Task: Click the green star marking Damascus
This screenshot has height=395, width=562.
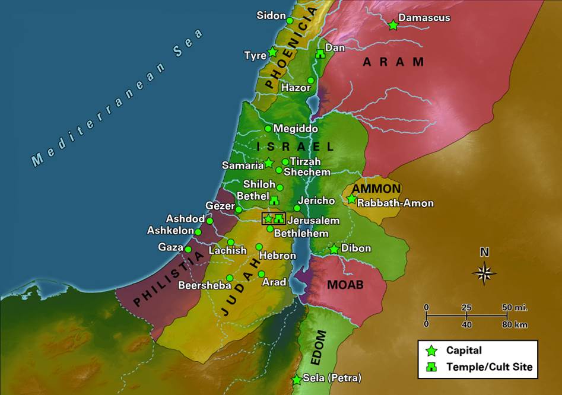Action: (393, 25)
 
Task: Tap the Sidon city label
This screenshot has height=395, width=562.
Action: (271, 15)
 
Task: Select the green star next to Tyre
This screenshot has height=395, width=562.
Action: (272, 52)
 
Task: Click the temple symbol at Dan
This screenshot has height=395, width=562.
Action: (320, 54)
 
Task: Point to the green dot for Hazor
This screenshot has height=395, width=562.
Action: (311, 80)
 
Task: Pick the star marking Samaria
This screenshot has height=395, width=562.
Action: (269, 163)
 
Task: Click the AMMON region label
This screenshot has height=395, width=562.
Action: (376, 189)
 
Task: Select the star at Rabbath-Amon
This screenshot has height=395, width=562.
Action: (352, 199)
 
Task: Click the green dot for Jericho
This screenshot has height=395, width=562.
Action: (297, 208)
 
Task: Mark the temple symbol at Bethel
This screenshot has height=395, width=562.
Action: (275, 200)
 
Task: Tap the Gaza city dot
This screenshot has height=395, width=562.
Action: (189, 249)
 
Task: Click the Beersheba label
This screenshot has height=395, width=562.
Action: (204, 285)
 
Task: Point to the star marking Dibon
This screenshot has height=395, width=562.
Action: (334, 249)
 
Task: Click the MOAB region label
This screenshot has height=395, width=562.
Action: (345, 285)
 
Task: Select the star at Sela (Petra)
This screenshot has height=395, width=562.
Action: (296, 380)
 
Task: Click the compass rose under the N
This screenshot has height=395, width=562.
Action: (484, 273)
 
